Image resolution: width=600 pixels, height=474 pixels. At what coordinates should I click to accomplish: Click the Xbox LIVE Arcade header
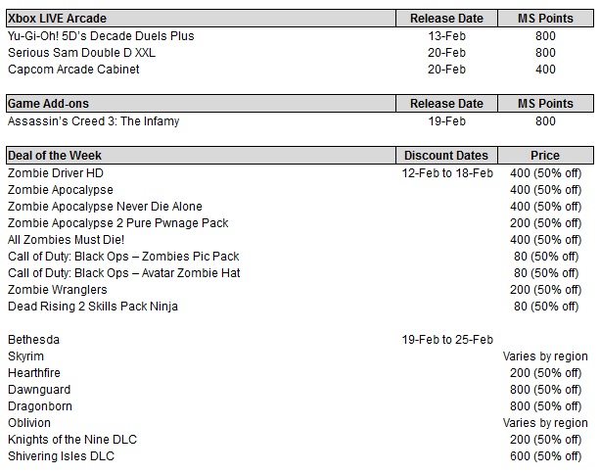point(57,19)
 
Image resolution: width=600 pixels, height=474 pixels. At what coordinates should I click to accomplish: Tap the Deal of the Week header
point(55,156)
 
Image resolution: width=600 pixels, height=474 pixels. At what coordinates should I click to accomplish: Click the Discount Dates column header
point(446,156)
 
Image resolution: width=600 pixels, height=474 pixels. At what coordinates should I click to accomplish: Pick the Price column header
point(545,156)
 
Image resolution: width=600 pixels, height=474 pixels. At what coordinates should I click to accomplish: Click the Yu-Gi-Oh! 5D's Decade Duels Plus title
point(115,36)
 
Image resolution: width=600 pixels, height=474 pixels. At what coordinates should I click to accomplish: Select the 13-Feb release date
point(446,36)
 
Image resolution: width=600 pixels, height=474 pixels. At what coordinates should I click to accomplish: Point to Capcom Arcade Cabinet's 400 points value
point(545,70)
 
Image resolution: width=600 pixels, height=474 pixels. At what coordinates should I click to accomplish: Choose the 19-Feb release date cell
point(446,121)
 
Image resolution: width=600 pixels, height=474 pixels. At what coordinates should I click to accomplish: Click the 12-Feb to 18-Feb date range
point(446,173)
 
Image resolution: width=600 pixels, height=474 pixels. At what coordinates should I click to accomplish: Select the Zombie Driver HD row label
point(56,173)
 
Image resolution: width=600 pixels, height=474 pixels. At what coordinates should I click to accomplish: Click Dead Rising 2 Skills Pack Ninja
point(93,307)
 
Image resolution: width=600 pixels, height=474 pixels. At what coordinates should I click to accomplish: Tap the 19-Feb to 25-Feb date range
point(446,340)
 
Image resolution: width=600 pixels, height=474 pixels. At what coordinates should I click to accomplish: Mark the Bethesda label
point(34,340)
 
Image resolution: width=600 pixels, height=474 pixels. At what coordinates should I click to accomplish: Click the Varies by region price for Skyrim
point(546,356)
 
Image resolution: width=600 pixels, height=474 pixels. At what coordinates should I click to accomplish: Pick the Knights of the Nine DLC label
point(72,440)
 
